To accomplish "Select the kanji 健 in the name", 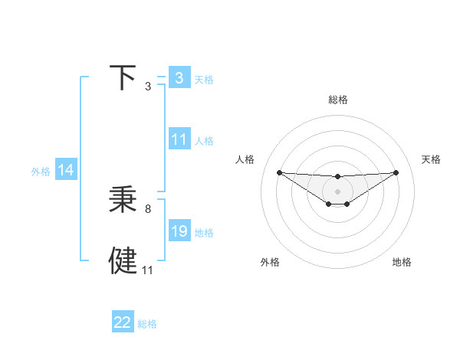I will pyautogui.click(x=123, y=260).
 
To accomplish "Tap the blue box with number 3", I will pyautogui.click(x=179, y=77).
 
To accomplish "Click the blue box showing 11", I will pyautogui.click(x=179, y=139).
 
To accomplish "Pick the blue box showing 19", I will pyautogui.click(x=179, y=231).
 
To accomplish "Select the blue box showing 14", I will pyautogui.click(x=66, y=171).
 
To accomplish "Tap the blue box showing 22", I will pyautogui.click(x=123, y=322).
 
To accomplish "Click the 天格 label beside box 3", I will pyautogui.click(x=204, y=79).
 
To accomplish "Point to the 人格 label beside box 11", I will pyautogui.click(x=204, y=141).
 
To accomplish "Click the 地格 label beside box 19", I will pyautogui.click(x=204, y=233).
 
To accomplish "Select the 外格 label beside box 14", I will pyautogui.click(x=41, y=172).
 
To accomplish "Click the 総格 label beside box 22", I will pyautogui.click(x=147, y=324).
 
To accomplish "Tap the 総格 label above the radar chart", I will pyautogui.click(x=338, y=100).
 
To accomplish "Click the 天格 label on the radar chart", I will pyautogui.click(x=431, y=159).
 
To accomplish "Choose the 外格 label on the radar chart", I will pyautogui.click(x=270, y=263).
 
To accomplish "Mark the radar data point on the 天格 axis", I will pyautogui.click(x=396, y=172).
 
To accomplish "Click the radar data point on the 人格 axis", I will pyautogui.click(x=279, y=172).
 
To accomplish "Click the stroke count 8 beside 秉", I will pyautogui.click(x=148, y=208).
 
